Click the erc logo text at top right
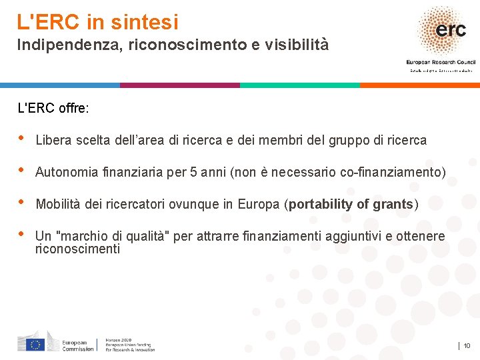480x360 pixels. [451, 30]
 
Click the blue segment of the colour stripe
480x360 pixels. [60, 85]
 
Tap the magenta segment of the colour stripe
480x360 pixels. [180, 85]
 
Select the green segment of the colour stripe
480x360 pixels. [300, 85]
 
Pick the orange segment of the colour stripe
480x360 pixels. [420, 85]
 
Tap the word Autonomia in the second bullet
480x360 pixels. [65, 172]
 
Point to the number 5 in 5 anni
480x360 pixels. [194, 172]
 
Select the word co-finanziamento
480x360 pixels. [393, 172]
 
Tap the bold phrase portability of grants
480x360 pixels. [351, 204]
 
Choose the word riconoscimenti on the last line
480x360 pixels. [77, 249]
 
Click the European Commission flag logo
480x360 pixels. [35, 344]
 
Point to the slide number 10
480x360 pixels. [467, 345]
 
